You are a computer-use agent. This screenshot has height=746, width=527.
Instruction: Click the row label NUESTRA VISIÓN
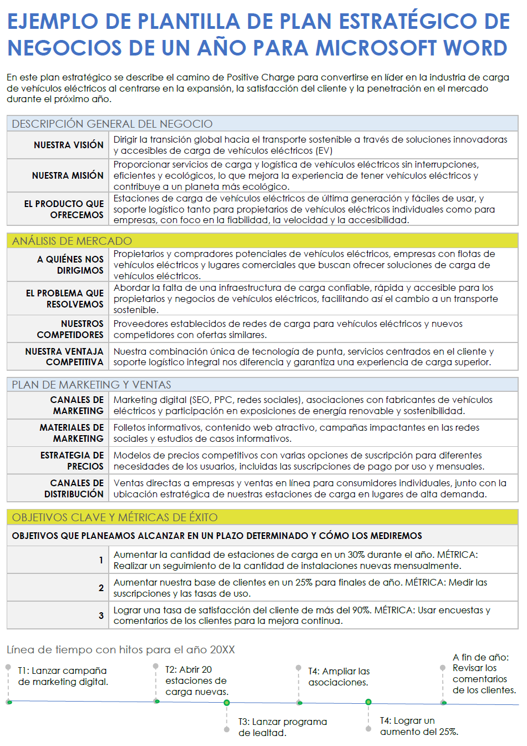68,145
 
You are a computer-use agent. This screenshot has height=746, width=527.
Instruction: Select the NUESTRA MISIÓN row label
68,176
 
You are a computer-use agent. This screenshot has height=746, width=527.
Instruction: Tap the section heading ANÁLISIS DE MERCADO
72,241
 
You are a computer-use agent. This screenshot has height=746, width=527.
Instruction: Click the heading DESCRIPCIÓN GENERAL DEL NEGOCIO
112,124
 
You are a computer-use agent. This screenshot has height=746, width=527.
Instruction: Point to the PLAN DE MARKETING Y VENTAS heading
92,385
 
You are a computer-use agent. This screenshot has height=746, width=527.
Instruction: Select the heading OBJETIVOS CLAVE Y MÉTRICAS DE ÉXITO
115,517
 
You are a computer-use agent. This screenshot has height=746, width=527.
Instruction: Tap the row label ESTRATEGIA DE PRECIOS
72,461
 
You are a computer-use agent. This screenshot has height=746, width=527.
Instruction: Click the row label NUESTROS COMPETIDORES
70,329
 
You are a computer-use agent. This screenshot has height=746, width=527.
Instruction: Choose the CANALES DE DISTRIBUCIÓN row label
74,488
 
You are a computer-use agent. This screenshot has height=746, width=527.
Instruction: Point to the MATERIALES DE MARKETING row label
72,433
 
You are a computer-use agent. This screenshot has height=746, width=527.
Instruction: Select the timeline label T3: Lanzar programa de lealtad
282,727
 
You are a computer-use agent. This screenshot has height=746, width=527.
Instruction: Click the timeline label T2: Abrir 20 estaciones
196,681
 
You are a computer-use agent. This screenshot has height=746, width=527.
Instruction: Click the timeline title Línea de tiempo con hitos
120,649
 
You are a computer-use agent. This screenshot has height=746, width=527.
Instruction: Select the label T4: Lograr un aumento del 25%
419,726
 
